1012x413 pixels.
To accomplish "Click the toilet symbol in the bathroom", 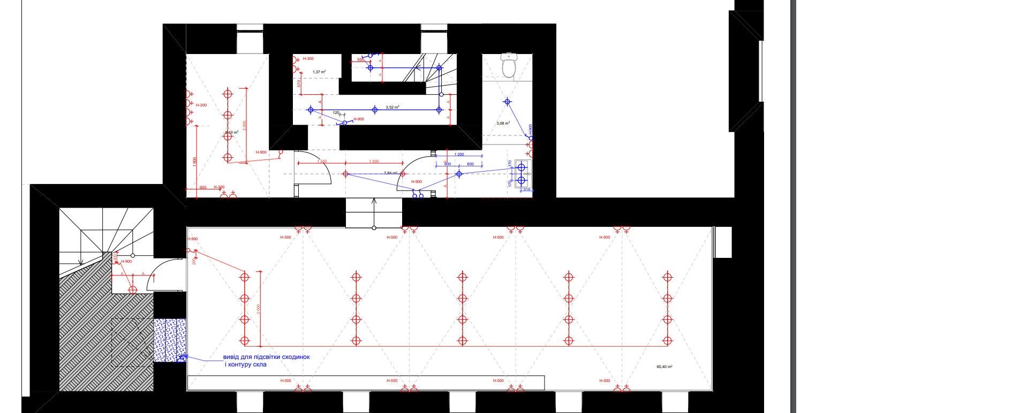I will tap(509, 65).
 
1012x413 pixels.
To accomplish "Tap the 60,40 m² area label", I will tap(664, 366).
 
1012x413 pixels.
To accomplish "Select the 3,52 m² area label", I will tap(392, 108).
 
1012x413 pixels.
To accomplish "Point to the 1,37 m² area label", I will tap(319, 72).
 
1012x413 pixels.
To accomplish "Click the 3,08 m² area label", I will tap(503, 124).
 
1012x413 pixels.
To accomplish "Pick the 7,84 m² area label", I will tap(390, 173).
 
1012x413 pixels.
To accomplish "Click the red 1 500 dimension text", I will tap(374, 161).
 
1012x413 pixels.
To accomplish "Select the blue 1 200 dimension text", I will tap(459, 154).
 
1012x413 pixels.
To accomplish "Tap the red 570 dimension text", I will tap(299, 84).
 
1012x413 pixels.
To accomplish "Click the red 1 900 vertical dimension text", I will tap(195, 160).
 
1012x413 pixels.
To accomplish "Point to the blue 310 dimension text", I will tap(526, 189).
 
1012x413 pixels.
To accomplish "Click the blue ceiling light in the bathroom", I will tap(507, 102).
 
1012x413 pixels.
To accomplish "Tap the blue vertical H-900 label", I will tap(530, 130).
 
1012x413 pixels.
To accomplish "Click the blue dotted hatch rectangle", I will tap(170, 340).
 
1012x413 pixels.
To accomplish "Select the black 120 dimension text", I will tap(336, 113).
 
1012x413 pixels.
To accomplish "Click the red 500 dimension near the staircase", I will tap(360, 59).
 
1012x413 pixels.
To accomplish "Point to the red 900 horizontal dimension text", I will tap(203, 187).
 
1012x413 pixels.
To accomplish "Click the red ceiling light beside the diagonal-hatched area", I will tap(133, 290).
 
